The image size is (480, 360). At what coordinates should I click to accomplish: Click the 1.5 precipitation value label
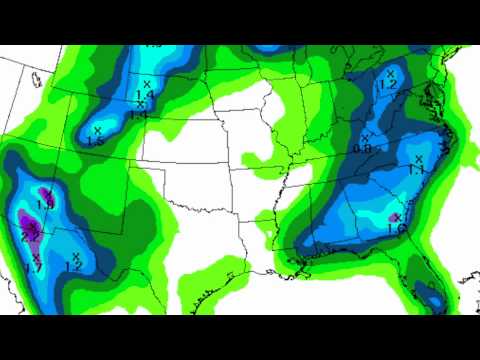click(96, 143)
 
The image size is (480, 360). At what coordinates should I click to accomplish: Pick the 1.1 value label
click(417, 170)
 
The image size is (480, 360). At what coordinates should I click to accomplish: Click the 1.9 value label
click(45, 205)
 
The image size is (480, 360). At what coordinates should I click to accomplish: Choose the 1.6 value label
click(395, 228)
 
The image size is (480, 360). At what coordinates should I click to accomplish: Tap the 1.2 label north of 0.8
click(388, 86)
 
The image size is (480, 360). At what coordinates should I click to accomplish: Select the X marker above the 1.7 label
click(36, 258)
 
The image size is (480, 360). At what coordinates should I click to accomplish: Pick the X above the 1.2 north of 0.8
click(391, 73)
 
